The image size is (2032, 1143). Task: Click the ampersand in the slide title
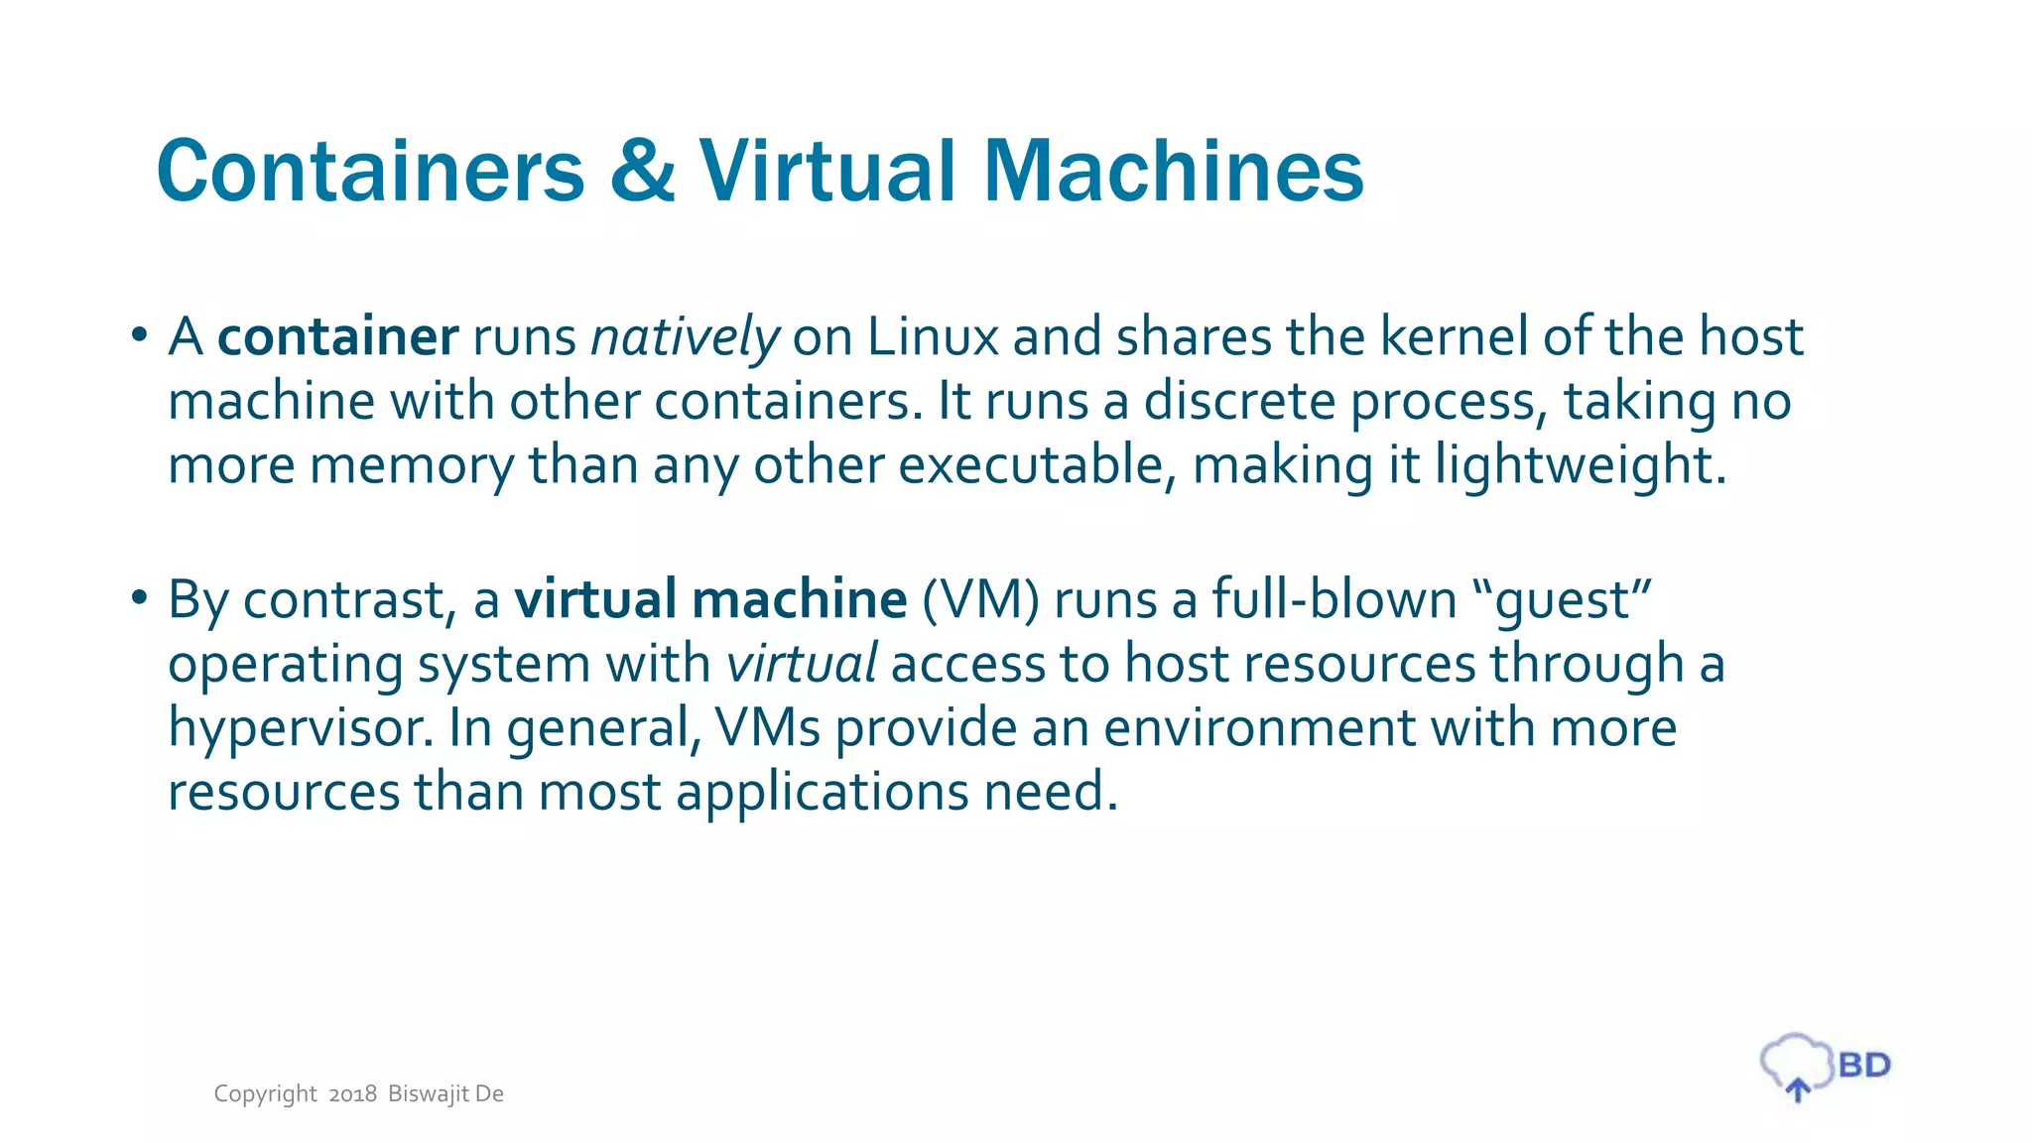click(643, 171)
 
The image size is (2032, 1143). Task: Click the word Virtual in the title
click(827, 171)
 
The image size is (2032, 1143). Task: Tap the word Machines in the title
click(1173, 171)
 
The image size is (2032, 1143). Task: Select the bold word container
click(337, 337)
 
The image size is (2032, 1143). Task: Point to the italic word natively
click(685, 337)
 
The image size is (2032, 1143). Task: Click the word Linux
click(932, 337)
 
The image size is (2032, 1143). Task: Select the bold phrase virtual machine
click(710, 599)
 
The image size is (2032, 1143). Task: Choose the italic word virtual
click(802, 664)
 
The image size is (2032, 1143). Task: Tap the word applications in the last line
click(822, 793)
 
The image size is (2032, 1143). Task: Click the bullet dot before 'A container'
click(139, 334)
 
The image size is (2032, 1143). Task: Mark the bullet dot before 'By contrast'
click(139, 597)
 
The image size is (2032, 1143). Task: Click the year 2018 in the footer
click(352, 1094)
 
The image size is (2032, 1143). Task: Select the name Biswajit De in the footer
click(445, 1094)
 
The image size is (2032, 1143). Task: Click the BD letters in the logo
click(1864, 1066)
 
